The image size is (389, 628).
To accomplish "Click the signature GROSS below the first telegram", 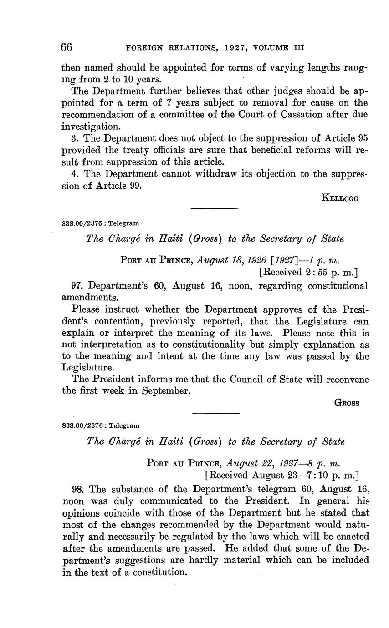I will coord(347,403).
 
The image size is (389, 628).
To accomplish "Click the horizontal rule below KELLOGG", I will coord(215,209).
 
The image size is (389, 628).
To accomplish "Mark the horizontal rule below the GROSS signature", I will coord(216,413).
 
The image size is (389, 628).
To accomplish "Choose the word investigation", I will coord(89,127).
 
